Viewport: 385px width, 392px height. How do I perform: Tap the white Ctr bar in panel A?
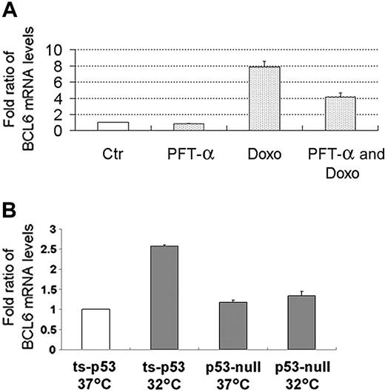click(113, 126)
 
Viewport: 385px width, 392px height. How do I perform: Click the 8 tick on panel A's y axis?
click(67, 67)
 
